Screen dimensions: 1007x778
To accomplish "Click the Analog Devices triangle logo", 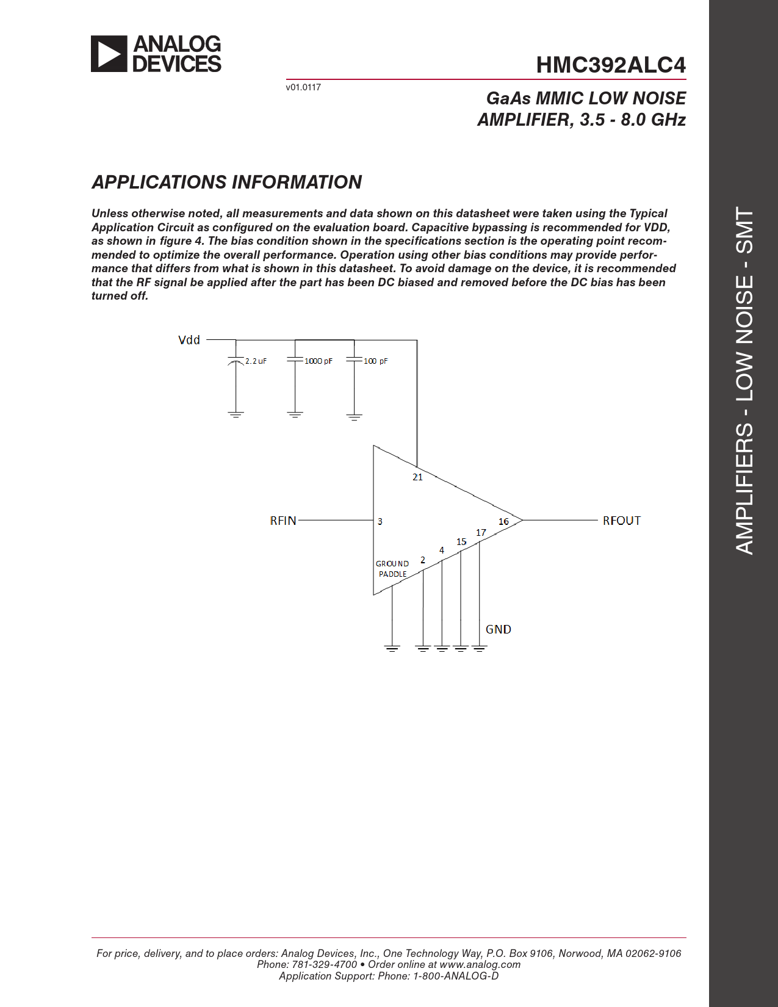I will point(109,54).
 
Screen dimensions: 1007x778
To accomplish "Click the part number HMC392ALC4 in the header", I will point(611,65).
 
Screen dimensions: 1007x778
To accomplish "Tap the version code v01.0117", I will point(303,87).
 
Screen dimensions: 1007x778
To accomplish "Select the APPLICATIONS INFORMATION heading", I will point(226,182).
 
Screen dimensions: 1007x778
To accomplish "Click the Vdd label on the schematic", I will point(189,340).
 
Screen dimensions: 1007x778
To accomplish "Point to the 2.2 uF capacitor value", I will point(256,361).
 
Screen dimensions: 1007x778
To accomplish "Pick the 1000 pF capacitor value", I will point(319,361).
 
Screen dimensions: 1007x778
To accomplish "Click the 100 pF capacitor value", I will point(376,361).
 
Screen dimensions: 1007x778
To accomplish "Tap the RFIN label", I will point(283,521).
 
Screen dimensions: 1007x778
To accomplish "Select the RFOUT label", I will point(621,521).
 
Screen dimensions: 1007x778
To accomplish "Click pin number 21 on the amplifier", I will point(417,477).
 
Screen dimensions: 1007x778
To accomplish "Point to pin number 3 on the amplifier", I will point(380,522).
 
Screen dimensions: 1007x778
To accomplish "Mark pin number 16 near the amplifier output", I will point(503,522).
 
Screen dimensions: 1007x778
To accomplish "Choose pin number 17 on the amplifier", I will point(481,533).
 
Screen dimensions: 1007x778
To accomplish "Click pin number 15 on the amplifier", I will point(461,542).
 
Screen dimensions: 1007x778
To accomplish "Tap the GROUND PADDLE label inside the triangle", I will point(392,569).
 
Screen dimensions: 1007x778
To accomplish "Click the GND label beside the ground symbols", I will point(498,629).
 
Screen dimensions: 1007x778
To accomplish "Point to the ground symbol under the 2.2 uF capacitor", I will point(236,414).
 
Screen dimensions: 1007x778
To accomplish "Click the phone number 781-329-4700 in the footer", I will point(325,964).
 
